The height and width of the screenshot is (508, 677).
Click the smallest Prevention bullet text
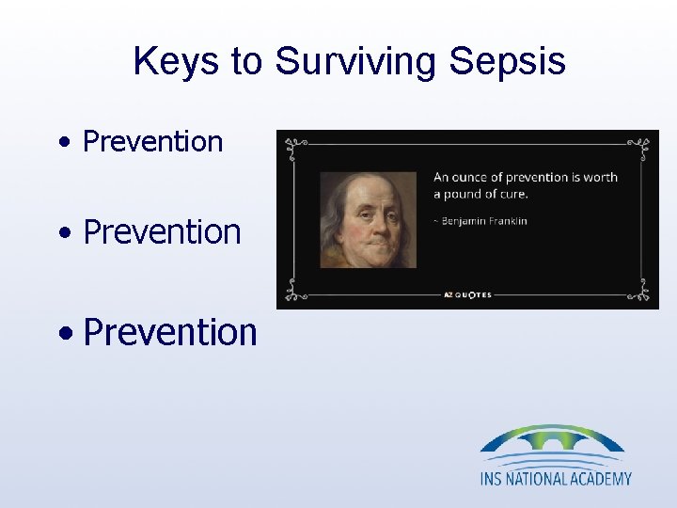click(152, 142)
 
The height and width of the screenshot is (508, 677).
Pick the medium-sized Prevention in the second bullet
click(162, 231)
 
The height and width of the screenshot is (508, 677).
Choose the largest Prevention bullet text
click(170, 332)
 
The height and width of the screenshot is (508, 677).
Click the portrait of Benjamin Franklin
click(367, 219)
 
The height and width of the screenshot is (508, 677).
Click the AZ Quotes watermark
click(467, 294)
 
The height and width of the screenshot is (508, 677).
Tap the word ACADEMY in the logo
click(597, 478)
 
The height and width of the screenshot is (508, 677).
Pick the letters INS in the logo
click(493, 478)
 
